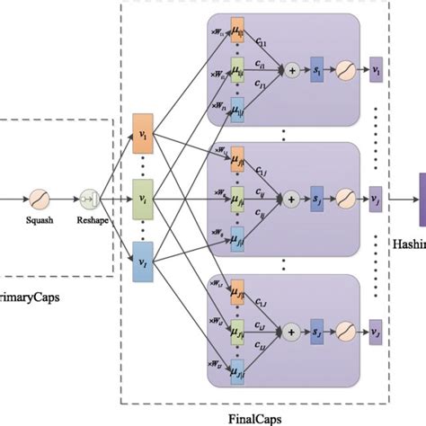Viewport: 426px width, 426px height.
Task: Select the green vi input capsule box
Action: [x=144, y=193]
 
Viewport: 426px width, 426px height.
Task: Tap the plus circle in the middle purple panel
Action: [x=291, y=194]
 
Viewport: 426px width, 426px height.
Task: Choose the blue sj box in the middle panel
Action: [x=316, y=194]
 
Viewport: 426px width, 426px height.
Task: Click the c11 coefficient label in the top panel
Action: [x=260, y=43]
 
